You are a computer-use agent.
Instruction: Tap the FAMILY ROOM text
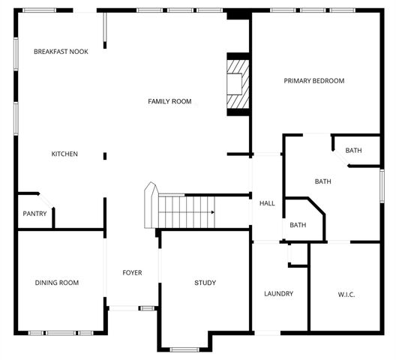(169, 101)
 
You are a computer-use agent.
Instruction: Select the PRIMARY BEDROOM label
(313, 80)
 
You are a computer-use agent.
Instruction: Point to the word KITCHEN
(64, 154)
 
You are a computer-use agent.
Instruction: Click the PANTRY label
(34, 214)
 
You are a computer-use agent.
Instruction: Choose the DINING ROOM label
(56, 283)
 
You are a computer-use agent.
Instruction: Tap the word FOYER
(132, 272)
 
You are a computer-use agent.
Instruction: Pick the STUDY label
(205, 283)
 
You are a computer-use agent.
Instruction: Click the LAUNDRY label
(278, 293)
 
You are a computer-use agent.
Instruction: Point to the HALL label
(266, 203)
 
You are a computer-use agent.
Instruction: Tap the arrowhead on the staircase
(212, 212)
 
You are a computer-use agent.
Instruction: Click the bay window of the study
(184, 349)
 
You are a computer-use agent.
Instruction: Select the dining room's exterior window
(61, 332)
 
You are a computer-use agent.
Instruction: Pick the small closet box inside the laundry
(298, 255)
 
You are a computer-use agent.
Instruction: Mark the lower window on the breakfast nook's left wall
(16, 118)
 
